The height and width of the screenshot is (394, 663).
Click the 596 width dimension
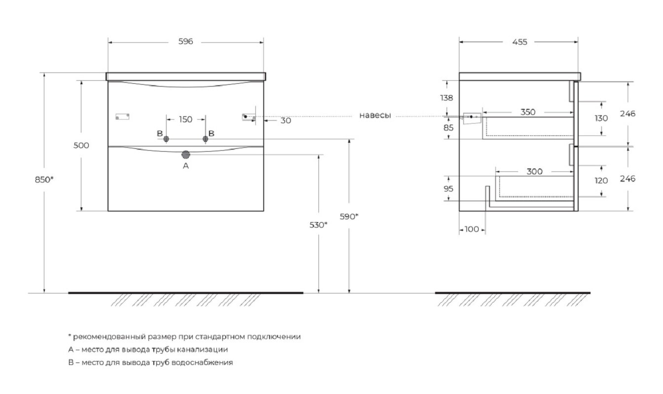(185, 41)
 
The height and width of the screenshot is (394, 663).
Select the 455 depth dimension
(520, 42)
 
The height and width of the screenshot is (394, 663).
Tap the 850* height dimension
(44, 180)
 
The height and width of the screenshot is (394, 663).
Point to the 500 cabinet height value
(81, 145)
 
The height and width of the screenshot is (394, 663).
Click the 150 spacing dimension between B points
(185, 120)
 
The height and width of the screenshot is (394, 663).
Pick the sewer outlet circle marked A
(185, 155)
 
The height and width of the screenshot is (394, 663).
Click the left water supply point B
(166, 139)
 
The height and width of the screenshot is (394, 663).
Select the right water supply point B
(206, 139)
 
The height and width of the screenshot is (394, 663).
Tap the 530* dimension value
(318, 225)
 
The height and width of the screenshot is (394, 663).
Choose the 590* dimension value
(349, 217)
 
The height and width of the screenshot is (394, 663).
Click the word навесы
(375, 115)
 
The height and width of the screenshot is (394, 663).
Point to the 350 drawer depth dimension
(528, 112)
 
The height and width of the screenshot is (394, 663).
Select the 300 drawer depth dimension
(534, 171)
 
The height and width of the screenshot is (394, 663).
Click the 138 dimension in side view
(446, 98)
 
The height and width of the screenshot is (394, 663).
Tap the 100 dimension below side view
(472, 229)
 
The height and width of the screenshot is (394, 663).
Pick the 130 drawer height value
(601, 118)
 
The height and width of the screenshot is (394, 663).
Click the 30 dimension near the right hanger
(285, 121)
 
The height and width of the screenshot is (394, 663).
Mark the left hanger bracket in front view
(122, 117)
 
